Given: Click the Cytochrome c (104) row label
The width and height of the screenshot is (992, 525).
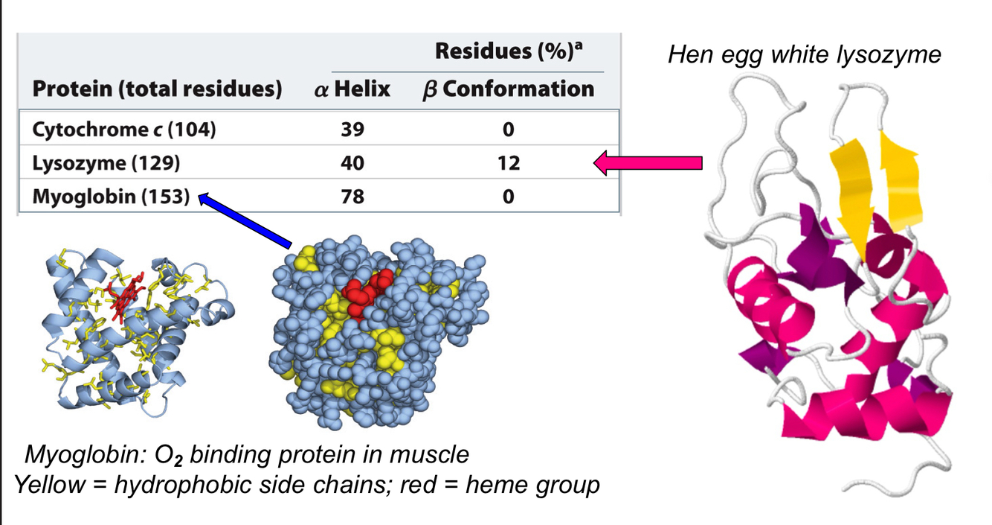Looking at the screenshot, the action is point(124,130).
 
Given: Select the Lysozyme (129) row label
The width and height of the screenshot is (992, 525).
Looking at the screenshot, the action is point(106,163).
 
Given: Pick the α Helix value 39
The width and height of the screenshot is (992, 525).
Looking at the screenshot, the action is point(353,130).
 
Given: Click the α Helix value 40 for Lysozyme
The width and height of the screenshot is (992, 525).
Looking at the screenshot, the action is point(353,163).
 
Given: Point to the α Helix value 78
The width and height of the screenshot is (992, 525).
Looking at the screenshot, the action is point(353,197).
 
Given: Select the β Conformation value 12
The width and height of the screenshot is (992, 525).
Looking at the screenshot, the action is point(508,163).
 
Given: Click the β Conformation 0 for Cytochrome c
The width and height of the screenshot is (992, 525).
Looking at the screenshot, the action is point(508,130).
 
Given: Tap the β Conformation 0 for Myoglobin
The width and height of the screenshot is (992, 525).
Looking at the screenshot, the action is point(508,197).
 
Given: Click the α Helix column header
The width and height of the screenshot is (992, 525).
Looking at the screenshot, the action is point(351,89).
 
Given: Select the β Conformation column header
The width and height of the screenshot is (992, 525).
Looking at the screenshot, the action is point(508,89).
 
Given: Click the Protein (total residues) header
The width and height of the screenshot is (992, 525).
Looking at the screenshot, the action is point(157,90).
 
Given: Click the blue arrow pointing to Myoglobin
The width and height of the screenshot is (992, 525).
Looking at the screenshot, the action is point(246,220).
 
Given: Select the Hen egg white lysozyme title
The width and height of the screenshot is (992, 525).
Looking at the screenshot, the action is point(805,54).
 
